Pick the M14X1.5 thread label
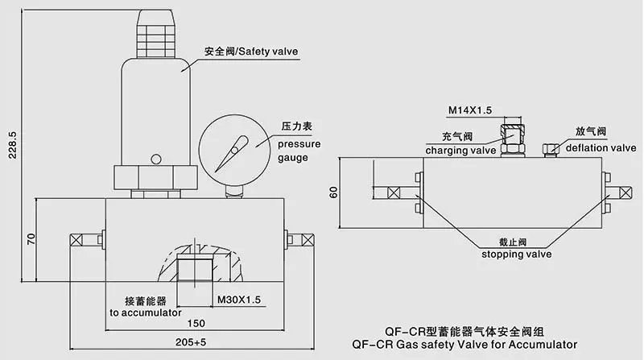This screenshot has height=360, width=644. [469, 109]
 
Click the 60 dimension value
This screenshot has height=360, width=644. [333, 194]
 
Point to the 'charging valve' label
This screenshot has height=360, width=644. [460, 150]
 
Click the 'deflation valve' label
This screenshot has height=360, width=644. [601, 147]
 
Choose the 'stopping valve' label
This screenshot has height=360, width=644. [516, 254]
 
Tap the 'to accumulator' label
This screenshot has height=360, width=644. [146, 312]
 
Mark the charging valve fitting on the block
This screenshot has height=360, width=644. [512, 139]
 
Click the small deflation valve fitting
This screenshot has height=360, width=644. [551, 149]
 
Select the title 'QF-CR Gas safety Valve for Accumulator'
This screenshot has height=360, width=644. [464, 344]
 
